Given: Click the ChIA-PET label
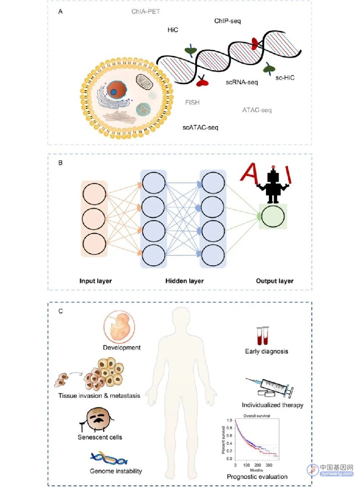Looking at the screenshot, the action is [x=146, y=11].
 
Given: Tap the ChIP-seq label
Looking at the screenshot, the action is [x=227, y=21].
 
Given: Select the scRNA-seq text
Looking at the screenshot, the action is [x=241, y=82].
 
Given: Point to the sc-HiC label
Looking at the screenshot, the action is [x=285, y=78].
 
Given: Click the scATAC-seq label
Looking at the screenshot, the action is [x=200, y=127].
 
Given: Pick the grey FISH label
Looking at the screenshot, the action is [x=192, y=102].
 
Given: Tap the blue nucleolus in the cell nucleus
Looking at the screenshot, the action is [x=114, y=92].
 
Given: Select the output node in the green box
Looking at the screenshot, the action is [x=273, y=217].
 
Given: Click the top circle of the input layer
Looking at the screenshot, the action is [x=94, y=194].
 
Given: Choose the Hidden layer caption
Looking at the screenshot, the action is [x=184, y=281].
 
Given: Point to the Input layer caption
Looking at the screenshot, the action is [x=95, y=281].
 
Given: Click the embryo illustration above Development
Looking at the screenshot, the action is [x=119, y=327].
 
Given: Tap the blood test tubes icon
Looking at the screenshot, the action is [x=263, y=336].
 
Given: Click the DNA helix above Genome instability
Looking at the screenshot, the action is [x=109, y=458].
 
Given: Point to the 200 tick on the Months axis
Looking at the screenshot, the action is [x=258, y=465].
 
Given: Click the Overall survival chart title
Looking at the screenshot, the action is [x=257, y=415].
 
